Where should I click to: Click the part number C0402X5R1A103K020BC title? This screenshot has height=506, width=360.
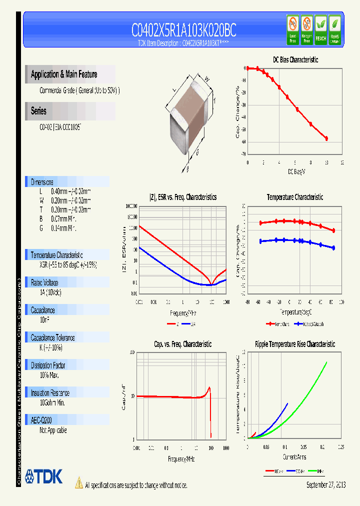[183, 31]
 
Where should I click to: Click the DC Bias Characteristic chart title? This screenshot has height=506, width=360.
[295, 59]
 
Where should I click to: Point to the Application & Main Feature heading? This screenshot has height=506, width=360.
[64, 74]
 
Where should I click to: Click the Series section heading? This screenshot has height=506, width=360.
[38, 111]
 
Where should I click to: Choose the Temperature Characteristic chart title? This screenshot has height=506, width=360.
[294, 197]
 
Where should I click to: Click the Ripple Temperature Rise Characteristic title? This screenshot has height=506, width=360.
[294, 344]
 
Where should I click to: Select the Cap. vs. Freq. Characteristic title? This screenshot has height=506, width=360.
[182, 344]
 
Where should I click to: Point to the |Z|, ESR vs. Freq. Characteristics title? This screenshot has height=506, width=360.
[183, 197]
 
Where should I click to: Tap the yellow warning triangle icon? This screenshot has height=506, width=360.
[78, 482]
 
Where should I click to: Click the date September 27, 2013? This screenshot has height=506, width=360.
[325, 485]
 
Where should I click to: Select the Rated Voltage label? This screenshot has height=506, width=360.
[44, 282]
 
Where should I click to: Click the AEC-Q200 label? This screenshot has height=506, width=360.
[41, 420]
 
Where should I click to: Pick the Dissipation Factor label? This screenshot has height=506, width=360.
[48, 365]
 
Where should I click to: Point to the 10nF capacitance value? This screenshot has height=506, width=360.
[45, 319]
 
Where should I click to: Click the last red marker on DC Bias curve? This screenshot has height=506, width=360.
[326, 138]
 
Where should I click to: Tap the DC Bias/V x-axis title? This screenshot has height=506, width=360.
[296, 171]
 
